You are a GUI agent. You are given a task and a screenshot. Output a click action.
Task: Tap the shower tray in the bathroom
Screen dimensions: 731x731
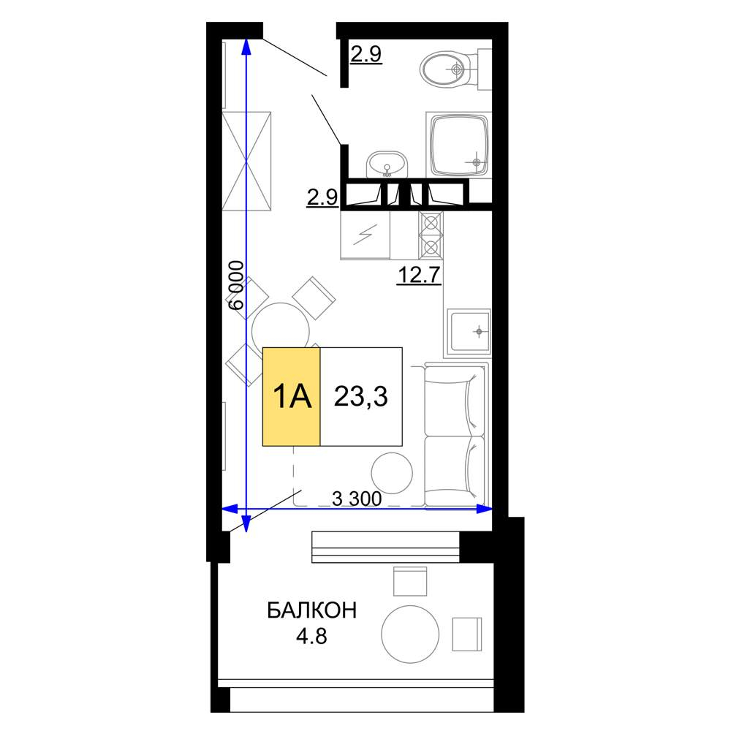point(459,145)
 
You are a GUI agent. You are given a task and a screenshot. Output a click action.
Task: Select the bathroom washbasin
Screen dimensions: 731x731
point(387,164)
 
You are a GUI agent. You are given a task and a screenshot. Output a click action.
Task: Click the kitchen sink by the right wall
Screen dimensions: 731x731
point(469,331)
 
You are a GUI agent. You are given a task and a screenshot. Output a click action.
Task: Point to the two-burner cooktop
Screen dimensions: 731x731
point(431,235)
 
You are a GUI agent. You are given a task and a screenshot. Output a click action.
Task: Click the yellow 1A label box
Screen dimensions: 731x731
point(292,397)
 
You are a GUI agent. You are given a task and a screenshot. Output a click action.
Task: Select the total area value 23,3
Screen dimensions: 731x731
point(361,397)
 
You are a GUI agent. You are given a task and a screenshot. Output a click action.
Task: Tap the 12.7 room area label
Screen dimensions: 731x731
point(419,275)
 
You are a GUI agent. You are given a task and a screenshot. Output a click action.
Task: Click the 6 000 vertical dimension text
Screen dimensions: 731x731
point(236,285)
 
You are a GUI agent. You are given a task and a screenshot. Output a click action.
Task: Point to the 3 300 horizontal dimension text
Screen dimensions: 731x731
point(357,499)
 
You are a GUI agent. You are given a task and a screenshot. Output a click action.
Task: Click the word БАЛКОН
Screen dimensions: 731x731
point(312,610)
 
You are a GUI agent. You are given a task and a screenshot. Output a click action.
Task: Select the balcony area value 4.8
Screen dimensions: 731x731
point(311,636)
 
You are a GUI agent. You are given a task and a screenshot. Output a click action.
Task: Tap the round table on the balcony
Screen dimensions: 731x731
point(410,634)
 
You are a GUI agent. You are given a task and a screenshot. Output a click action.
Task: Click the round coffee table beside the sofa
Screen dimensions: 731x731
point(392,473)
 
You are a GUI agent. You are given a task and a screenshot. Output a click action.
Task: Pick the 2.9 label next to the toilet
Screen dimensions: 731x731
point(366,55)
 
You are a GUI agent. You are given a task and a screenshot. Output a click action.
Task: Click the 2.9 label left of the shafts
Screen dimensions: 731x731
point(322,197)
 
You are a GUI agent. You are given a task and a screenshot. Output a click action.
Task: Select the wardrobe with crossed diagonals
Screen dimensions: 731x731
point(246,162)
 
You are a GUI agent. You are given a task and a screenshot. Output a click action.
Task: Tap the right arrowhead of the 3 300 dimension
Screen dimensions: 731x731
point(486,509)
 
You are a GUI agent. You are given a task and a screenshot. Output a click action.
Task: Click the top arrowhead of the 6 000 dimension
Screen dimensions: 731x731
point(246,45)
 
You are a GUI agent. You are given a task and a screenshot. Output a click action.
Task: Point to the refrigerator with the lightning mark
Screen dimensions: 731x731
point(365,235)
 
